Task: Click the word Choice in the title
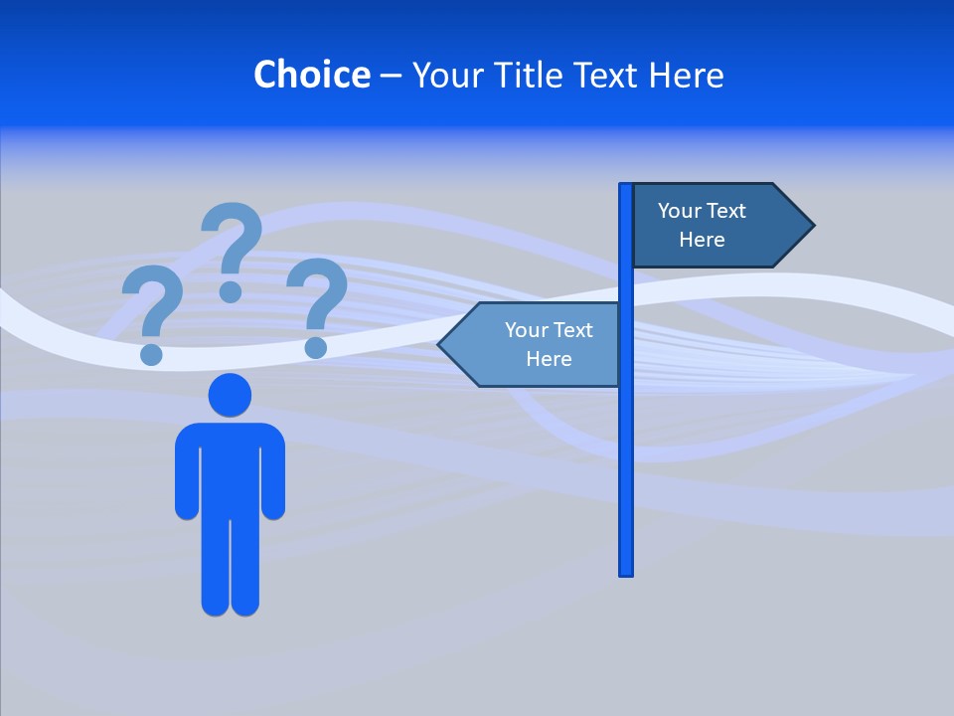click(x=312, y=75)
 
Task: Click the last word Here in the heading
click(x=687, y=75)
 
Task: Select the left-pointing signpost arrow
click(x=532, y=344)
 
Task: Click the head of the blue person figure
click(x=230, y=395)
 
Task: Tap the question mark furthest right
click(x=317, y=304)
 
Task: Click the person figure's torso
click(x=230, y=467)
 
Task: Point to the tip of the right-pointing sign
click(x=812, y=226)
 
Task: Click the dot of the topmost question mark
click(x=231, y=291)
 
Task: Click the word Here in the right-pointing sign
click(x=702, y=240)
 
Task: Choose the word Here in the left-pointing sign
click(x=549, y=359)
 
